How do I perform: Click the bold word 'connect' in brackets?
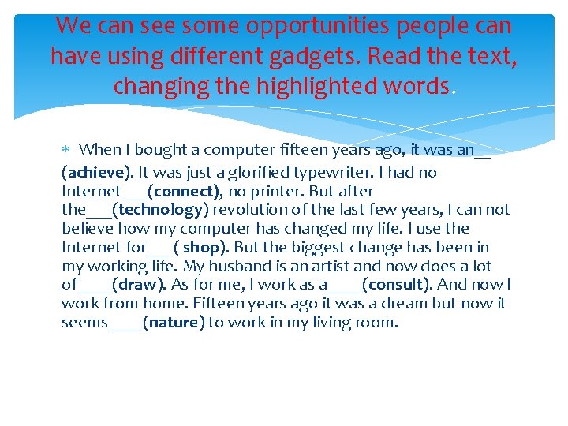coord(185,191)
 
